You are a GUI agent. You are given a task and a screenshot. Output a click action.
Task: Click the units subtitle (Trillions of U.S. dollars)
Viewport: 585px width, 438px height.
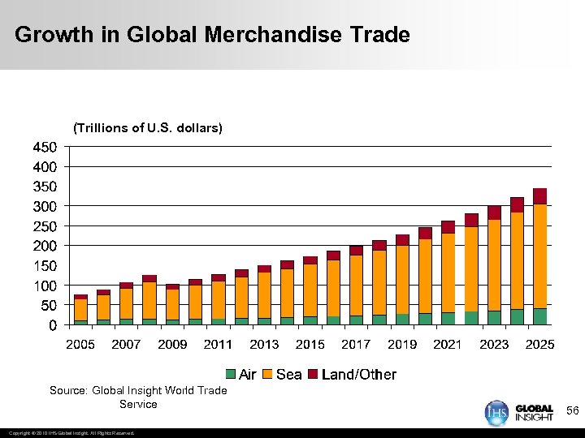(x=147, y=128)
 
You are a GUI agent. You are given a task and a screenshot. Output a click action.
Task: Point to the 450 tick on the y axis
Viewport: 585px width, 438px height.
(x=45, y=148)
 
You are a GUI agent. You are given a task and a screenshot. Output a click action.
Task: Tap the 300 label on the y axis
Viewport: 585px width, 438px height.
(x=45, y=207)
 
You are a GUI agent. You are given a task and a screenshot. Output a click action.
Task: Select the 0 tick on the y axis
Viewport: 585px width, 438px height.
(x=52, y=326)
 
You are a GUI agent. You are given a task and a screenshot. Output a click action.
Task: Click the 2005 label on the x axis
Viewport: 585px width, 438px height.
(x=80, y=345)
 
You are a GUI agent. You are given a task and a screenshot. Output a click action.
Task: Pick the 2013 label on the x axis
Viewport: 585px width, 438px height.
(x=264, y=345)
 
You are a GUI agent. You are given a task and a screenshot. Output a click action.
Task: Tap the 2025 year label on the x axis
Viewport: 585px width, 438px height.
(x=539, y=345)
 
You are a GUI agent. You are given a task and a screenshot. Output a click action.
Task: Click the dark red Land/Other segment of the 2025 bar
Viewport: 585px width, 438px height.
(x=539, y=196)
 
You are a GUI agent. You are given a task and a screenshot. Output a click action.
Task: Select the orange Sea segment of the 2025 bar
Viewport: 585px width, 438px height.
(x=539, y=255)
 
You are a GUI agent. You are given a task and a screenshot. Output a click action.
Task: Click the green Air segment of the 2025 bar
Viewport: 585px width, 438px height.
(x=539, y=316)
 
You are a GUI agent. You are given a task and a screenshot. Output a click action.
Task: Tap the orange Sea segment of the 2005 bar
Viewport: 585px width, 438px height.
(x=80, y=310)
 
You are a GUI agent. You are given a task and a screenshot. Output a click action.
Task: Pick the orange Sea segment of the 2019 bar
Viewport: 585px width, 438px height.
(x=402, y=279)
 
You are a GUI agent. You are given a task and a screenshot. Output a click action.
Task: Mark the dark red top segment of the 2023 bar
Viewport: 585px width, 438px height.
(x=494, y=213)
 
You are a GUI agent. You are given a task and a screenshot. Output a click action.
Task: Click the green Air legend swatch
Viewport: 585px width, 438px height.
(x=231, y=375)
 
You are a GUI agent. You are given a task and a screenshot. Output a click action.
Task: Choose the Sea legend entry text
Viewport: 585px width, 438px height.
(x=289, y=375)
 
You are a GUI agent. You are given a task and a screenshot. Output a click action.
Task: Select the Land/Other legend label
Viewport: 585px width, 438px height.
(x=359, y=375)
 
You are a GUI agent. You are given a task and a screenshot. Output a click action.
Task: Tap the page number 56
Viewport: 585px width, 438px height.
(x=572, y=412)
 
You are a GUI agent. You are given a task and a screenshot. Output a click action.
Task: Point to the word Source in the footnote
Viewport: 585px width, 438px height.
(x=68, y=391)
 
